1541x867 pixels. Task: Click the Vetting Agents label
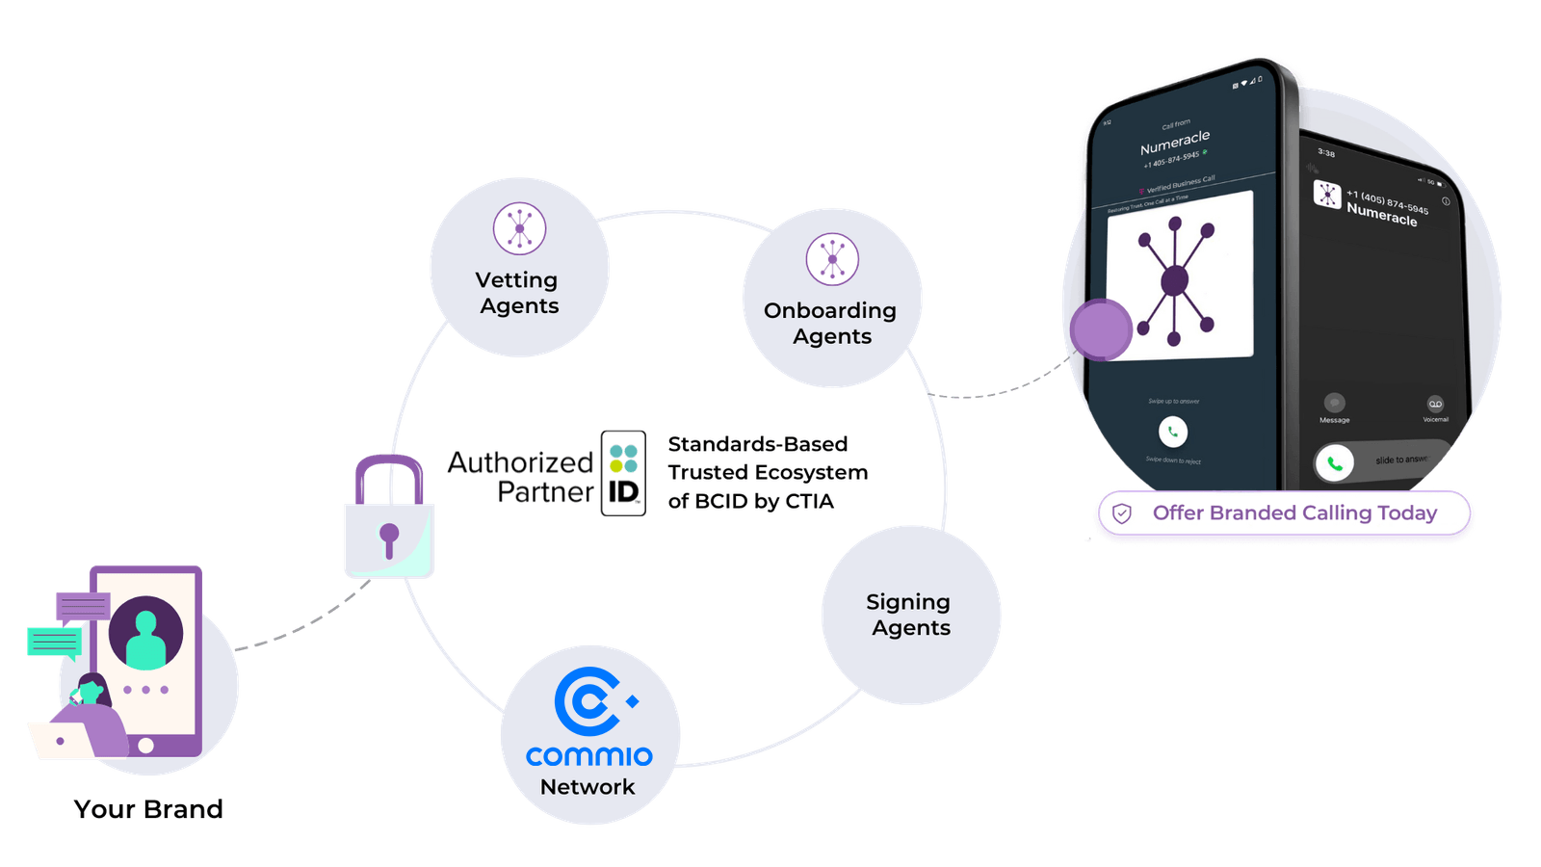coord(518,293)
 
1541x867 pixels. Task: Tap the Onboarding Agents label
coord(830,324)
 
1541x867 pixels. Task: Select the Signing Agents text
coord(909,615)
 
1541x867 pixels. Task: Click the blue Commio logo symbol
coord(589,701)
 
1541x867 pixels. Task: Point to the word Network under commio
coord(588,787)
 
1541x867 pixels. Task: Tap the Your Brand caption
coord(148,809)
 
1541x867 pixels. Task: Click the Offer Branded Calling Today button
coord(1284,513)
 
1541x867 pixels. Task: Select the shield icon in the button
coord(1122,513)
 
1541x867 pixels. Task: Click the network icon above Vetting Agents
coord(519,229)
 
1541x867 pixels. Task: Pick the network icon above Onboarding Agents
coord(832,259)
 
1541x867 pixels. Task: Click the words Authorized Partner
coord(521,477)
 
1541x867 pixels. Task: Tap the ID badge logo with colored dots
coord(623,473)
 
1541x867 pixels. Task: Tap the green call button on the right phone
coord(1335,463)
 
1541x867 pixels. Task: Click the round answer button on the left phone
coord(1173,432)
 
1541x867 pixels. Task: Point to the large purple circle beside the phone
coord(1101,329)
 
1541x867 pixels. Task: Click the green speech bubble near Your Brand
coord(54,642)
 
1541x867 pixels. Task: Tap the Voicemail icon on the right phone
coord(1435,405)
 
